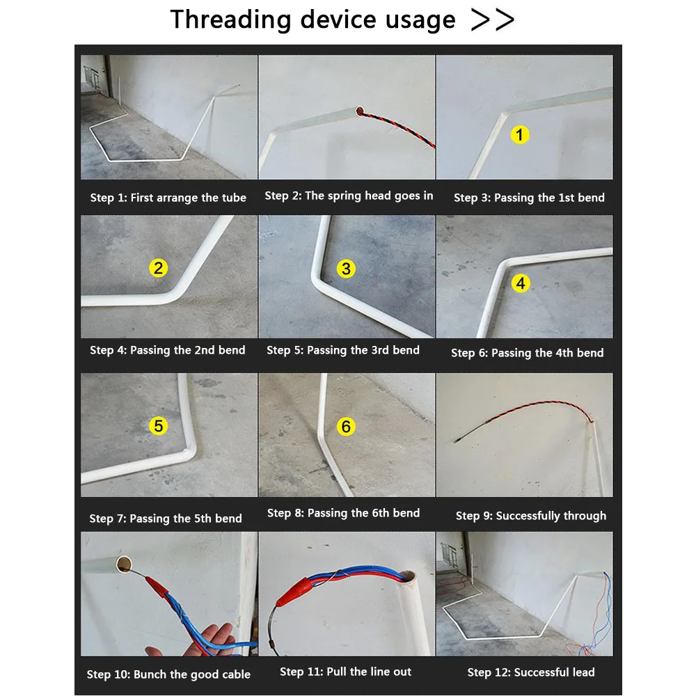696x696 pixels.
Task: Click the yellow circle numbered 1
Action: click(x=520, y=134)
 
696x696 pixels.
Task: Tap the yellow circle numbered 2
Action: click(x=159, y=268)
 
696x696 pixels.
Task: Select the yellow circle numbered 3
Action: click(x=346, y=269)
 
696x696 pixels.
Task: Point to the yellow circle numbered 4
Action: click(x=521, y=283)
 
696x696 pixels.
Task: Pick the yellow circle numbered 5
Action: click(x=159, y=426)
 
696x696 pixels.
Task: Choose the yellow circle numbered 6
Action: click(x=346, y=427)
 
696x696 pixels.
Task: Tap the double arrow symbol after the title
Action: click(x=492, y=20)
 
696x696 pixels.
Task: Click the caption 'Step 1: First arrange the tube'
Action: click(x=168, y=198)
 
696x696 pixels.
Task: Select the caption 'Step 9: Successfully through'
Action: click(x=531, y=516)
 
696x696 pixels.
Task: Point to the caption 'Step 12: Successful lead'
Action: click(x=531, y=672)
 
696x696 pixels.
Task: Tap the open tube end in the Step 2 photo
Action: click(x=360, y=111)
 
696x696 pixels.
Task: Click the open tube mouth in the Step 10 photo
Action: click(x=124, y=564)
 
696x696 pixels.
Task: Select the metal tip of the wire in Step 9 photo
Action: click(x=457, y=441)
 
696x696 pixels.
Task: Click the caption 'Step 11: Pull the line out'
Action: click(x=345, y=672)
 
